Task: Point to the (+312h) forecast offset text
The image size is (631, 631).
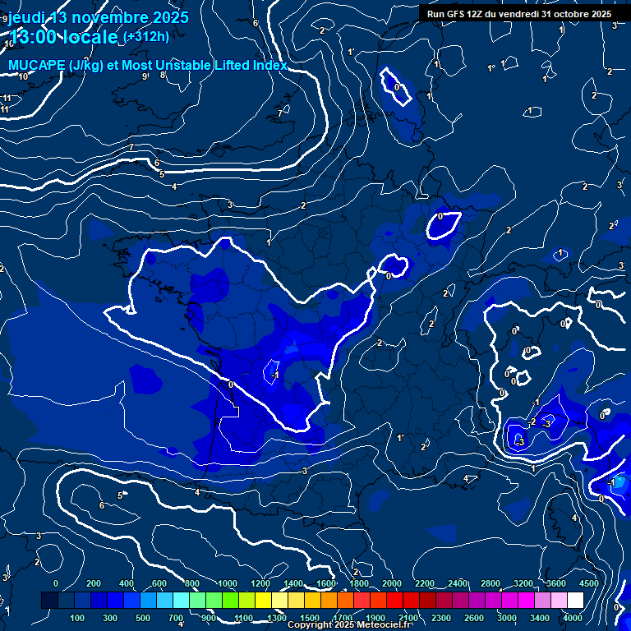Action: (145, 36)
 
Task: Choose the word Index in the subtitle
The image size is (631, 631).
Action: (270, 65)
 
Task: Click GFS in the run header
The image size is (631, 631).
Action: (456, 14)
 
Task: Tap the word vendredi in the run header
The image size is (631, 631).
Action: (513, 14)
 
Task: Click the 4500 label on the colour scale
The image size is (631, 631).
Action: (588, 583)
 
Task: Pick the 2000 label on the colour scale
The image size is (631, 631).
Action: (391, 583)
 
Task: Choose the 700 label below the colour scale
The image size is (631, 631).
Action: (175, 618)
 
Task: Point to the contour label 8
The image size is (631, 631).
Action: (163, 75)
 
